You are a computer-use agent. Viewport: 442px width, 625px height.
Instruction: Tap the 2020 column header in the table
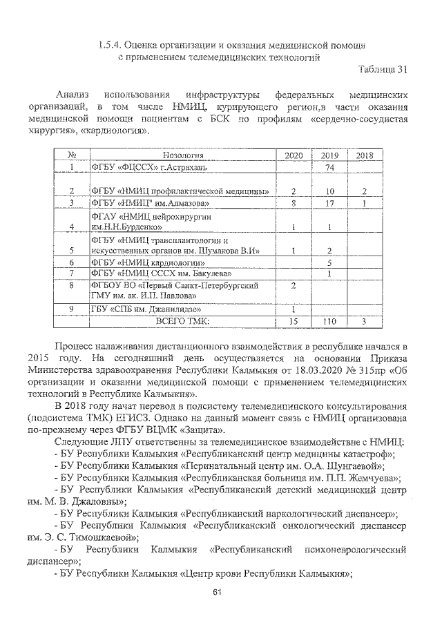[294, 156]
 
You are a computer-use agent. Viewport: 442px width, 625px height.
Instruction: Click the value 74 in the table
[329, 168]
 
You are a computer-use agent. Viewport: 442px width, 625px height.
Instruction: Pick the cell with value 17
[329, 203]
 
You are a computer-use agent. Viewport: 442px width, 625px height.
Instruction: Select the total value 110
[329, 321]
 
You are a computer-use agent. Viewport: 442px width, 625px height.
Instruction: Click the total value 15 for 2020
[294, 321]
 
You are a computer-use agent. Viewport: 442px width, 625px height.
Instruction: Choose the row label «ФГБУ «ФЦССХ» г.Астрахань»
[140, 168]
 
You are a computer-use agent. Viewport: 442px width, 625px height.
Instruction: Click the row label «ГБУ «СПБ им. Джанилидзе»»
[140, 309]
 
